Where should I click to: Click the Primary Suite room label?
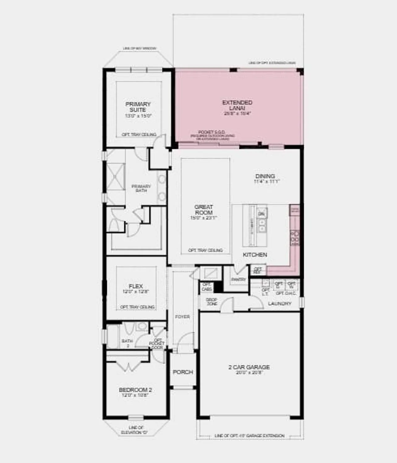(138, 107)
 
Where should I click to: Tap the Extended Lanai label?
(237, 105)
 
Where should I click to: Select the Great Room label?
(204, 210)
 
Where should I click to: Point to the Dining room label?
(265, 176)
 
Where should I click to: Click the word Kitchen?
(255, 255)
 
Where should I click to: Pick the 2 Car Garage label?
(249, 367)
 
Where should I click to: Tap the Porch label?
(183, 372)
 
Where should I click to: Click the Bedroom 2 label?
(135, 390)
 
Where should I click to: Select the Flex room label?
(136, 286)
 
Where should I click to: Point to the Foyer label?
(182, 317)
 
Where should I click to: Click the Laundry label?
(280, 304)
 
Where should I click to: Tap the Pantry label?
(239, 280)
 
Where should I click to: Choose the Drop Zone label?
(212, 302)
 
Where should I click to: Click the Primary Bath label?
(141, 188)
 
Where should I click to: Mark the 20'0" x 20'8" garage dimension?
(249, 373)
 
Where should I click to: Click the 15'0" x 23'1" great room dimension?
(204, 218)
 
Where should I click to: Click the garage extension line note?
(249, 436)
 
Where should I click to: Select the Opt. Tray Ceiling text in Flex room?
(137, 307)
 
